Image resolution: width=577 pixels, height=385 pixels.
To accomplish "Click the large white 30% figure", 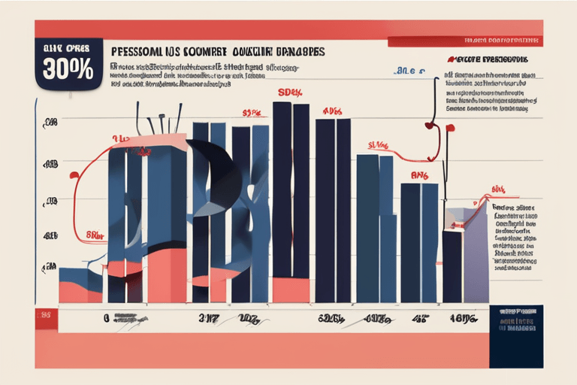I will click(x=68, y=69).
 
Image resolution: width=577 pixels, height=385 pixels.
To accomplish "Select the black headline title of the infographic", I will click(x=218, y=54).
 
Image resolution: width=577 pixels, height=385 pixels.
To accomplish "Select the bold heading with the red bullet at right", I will click(x=485, y=58).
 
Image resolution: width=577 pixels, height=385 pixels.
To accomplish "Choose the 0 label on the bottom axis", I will click(x=105, y=318).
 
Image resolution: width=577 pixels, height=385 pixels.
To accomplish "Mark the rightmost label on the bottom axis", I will click(x=463, y=319).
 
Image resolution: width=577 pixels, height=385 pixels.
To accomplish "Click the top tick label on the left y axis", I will click(x=51, y=122).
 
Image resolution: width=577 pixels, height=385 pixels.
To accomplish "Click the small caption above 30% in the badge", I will click(x=68, y=49).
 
